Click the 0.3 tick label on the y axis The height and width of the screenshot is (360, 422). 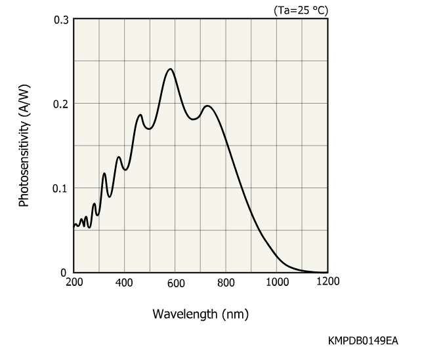[x=61, y=20]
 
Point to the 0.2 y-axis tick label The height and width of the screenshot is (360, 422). [x=61, y=104]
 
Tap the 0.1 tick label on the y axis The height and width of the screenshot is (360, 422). [x=60, y=188]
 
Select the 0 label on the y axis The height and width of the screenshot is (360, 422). [x=64, y=273]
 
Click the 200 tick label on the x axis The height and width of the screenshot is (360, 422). [x=74, y=283]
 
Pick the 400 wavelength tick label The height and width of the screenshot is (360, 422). [x=124, y=283]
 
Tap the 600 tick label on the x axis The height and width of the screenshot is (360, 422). [x=176, y=283]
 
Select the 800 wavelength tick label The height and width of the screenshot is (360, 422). [x=226, y=283]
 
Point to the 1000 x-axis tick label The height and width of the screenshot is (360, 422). [x=278, y=283]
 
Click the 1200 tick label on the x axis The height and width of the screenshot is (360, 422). [x=328, y=281]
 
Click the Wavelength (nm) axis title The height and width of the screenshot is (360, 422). [x=201, y=314]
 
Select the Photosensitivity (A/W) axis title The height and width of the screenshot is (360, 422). [x=24, y=146]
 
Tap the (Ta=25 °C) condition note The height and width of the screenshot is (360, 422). [x=301, y=10]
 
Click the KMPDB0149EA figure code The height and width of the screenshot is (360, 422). [x=363, y=340]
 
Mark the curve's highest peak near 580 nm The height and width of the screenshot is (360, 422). [x=170, y=69]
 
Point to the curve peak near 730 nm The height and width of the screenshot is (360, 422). [x=207, y=106]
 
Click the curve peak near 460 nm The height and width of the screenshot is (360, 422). [x=140, y=115]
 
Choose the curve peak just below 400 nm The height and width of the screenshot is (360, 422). [x=119, y=157]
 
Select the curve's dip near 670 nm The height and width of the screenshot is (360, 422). [x=193, y=119]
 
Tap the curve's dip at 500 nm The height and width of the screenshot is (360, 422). [x=149, y=129]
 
